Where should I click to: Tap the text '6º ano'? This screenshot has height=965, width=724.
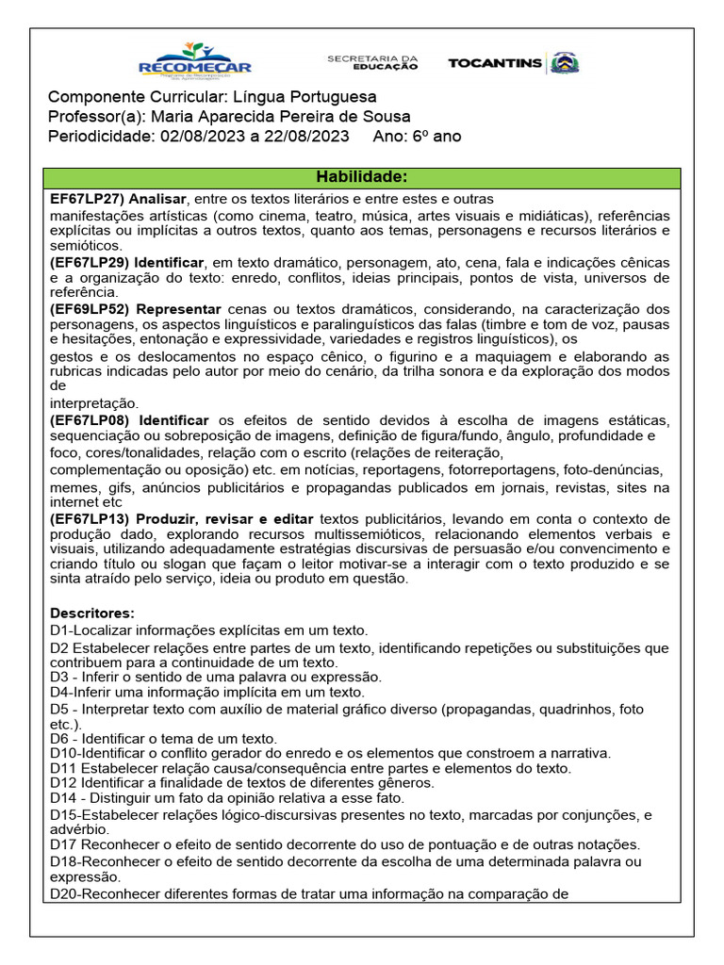pyautogui.click(x=436, y=136)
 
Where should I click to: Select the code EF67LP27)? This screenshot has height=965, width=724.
pyautogui.click(x=87, y=200)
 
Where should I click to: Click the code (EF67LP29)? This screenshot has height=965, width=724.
pyautogui.click(x=90, y=262)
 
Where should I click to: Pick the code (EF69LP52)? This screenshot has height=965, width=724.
pyautogui.click(x=90, y=309)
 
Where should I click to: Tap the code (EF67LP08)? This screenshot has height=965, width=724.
pyautogui.click(x=90, y=419)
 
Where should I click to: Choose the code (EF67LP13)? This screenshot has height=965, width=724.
pyautogui.click(x=90, y=519)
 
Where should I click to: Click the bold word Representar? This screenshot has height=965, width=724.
pyautogui.click(x=178, y=309)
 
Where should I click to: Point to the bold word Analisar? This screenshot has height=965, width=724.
pyautogui.click(x=157, y=200)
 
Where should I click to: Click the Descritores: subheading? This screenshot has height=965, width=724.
pyautogui.click(x=91, y=613)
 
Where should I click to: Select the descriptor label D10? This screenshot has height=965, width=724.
pyautogui.click(x=61, y=753)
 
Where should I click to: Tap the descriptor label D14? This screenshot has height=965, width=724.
pyautogui.click(x=61, y=799)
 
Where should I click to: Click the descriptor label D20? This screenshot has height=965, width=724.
pyautogui.click(x=61, y=891)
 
